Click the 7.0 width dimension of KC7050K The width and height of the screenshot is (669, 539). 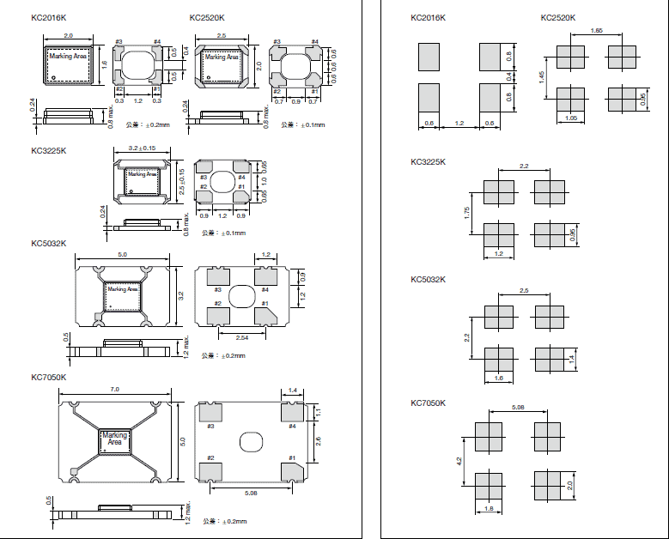114,391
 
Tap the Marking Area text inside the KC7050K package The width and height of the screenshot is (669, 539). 114,439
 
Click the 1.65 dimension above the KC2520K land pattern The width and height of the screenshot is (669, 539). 595,31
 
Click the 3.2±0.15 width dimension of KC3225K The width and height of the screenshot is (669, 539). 142,148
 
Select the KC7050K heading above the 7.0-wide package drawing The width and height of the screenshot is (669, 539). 48,377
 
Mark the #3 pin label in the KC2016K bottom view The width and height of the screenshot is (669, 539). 119,42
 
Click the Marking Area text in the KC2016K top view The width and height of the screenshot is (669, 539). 67,57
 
